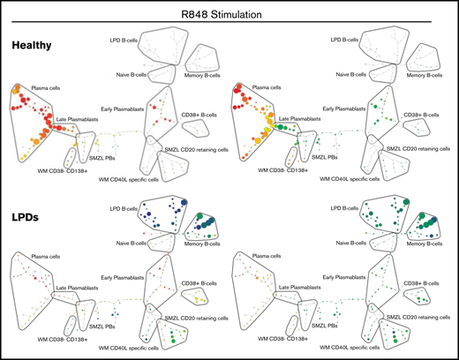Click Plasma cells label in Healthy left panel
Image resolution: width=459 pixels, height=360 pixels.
pos(49,89)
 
